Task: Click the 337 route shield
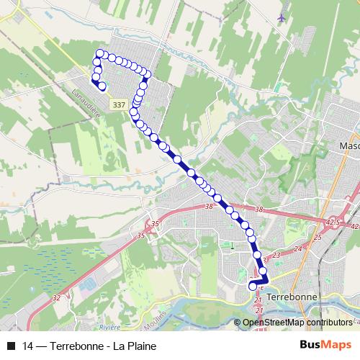tap(120, 105)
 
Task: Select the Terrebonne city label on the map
tap(292, 297)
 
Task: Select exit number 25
tap(318, 236)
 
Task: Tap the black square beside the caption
tap(11, 346)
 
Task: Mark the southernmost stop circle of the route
tap(253, 287)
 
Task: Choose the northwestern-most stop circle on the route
tap(99, 53)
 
